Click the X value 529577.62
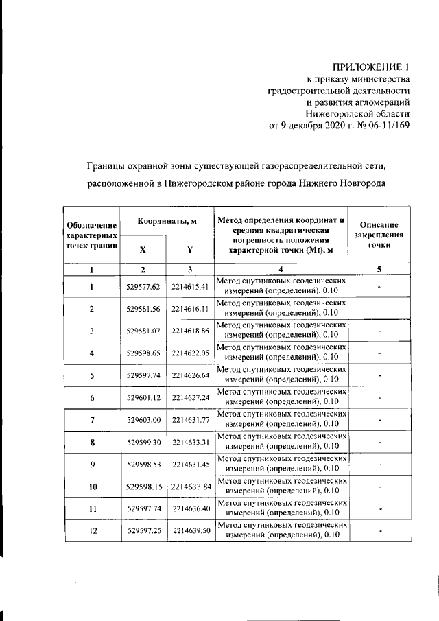pyautogui.click(x=143, y=286)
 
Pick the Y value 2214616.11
pyautogui.click(x=190, y=309)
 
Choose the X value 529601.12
pyautogui.click(x=143, y=398)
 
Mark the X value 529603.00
pyautogui.click(x=143, y=420)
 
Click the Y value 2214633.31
pyautogui.click(x=190, y=443)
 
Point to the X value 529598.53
pyautogui.click(x=143, y=465)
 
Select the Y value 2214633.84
pyautogui.click(x=190, y=487)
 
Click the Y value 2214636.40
pyautogui.click(x=190, y=509)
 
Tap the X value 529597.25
pyautogui.click(x=143, y=532)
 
